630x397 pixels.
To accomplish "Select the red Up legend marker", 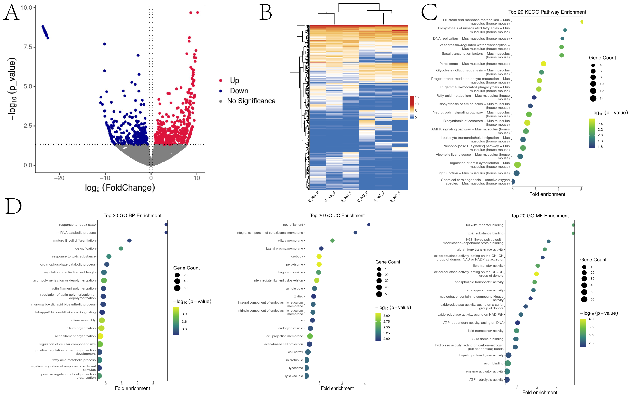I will pyautogui.click(x=221, y=80).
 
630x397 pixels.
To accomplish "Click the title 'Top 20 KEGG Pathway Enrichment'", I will pyautogui.click(x=547, y=12).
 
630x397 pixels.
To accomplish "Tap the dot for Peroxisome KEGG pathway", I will pyautogui.click(x=543, y=64).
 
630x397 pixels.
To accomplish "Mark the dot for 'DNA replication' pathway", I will pyautogui.click(x=562, y=38).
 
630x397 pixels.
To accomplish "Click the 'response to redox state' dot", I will pyautogui.click(x=166, y=225).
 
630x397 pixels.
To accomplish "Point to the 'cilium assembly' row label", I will pyautogui.click(x=83, y=320).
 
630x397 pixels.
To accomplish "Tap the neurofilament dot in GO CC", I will pyautogui.click(x=369, y=225).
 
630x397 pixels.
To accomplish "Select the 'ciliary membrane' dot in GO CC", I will pyautogui.click(x=332, y=241).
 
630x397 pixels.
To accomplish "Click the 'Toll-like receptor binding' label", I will pyautogui.click(x=484, y=225).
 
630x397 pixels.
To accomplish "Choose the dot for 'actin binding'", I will pyautogui.click(x=508, y=363).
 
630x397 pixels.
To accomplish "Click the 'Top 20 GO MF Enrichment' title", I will pyautogui.click(x=540, y=216).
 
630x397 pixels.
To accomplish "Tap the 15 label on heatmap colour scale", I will pyautogui.click(x=417, y=97).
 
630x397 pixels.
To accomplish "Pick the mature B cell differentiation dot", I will pyautogui.click(x=129, y=241).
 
